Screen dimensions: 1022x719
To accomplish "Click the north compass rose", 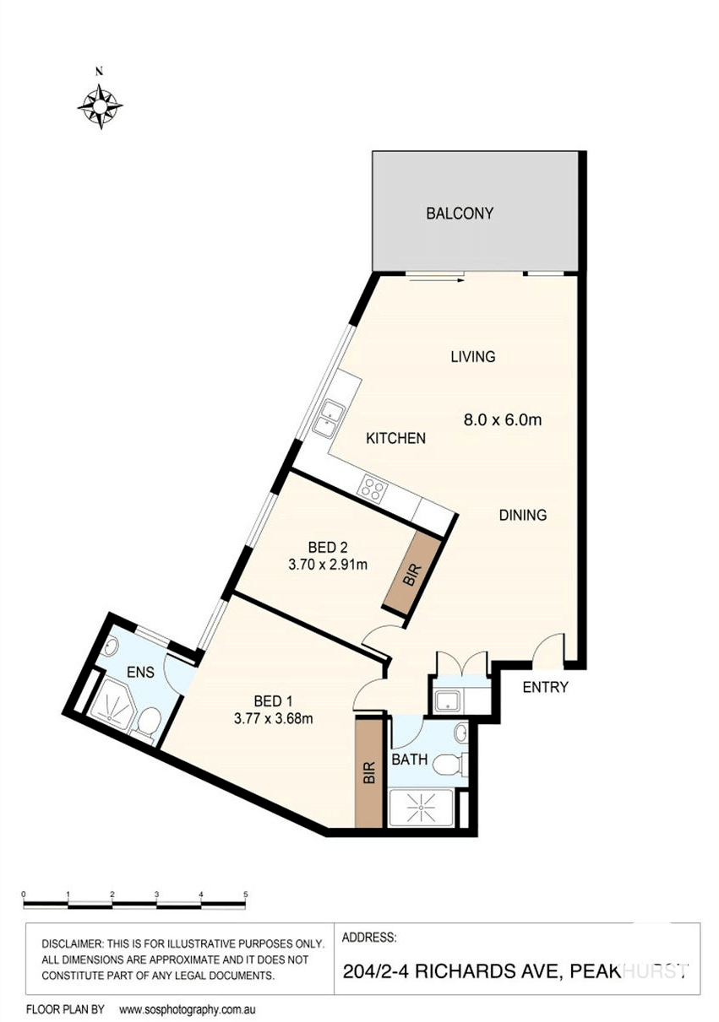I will [x=101, y=105].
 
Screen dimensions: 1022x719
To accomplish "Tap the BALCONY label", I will [x=459, y=214].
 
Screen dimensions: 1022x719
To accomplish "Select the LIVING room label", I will [x=472, y=357].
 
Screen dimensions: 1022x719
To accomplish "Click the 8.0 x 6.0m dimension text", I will [x=503, y=418].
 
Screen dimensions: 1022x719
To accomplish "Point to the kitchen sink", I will [x=328, y=418].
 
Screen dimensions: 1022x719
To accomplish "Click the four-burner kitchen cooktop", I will [x=373, y=488].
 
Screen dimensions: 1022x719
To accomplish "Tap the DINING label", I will [x=522, y=515].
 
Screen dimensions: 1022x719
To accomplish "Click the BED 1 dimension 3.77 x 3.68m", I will [x=273, y=719].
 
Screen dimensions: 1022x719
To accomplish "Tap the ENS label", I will [x=140, y=673].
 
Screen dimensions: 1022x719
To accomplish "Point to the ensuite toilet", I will [x=149, y=721].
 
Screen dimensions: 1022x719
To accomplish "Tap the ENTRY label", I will [x=545, y=687].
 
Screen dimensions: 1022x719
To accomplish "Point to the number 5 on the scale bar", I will [x=245, y=894].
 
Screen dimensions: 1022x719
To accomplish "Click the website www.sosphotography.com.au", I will [x=187, y=1009].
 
